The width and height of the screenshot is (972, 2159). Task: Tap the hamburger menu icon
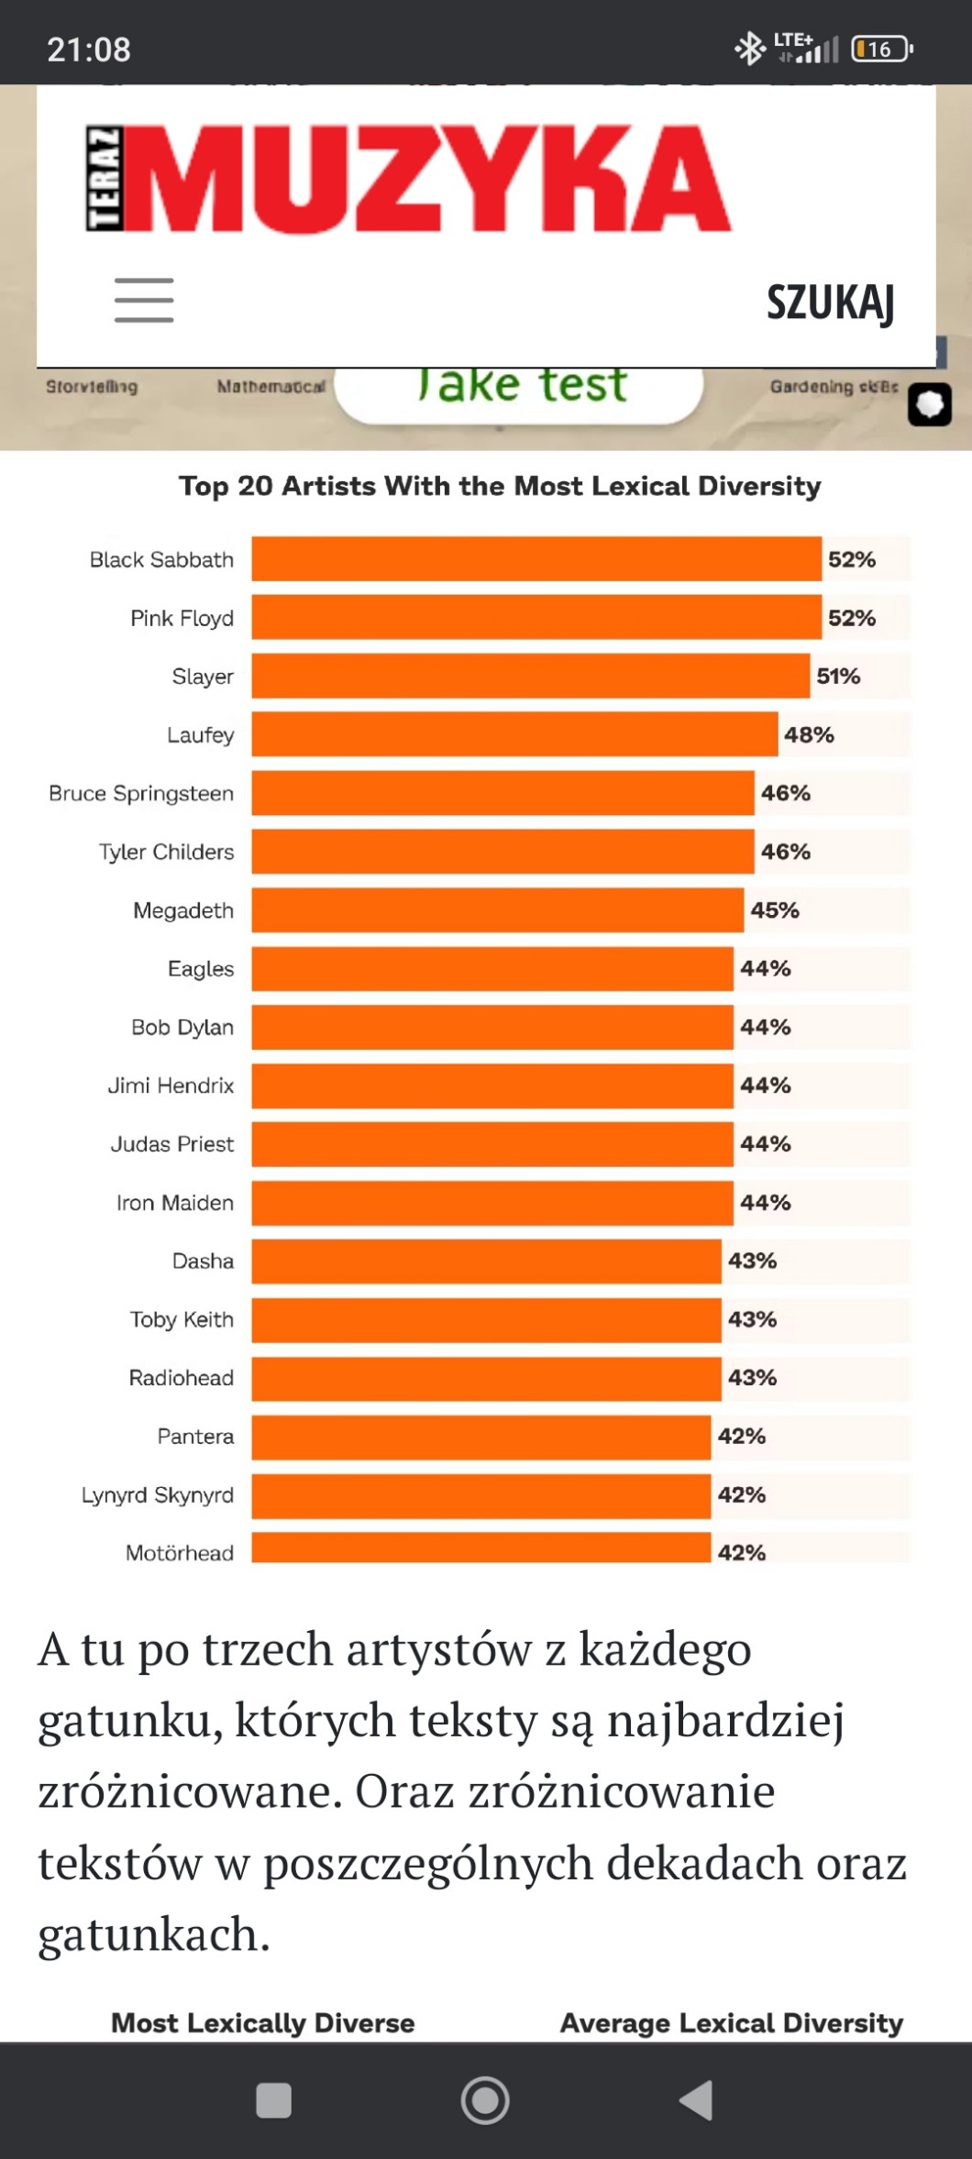tap(144, 300)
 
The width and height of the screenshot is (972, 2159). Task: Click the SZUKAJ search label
tap(830, 302)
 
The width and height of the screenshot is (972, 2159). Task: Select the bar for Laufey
tap(514, 734)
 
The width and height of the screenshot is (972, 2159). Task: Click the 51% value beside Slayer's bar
tap(838, 677)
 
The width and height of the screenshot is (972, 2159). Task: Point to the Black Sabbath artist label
tap(161, 559)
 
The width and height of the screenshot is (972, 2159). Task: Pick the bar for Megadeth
tap(497, 910)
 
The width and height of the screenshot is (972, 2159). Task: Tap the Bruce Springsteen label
tap(141, 793)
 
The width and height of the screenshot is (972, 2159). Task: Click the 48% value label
tap(809, 734)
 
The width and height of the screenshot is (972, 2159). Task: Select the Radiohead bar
tap(486, 1378)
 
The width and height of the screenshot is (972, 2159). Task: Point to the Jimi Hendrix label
tap(171, 1085)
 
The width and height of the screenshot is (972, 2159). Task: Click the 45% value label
tap(775, 910)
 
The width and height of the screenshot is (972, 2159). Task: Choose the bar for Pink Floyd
tap(536, 618)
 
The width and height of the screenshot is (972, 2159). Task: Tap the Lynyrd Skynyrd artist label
tap(157, 1495)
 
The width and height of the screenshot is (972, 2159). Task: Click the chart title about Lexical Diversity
tap(500, 486)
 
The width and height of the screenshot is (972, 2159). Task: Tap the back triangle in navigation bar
tap(697, 2099)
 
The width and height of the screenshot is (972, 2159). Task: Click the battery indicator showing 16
tap(881, 49)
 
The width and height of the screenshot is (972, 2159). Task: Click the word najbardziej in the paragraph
tap(725, 1721)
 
